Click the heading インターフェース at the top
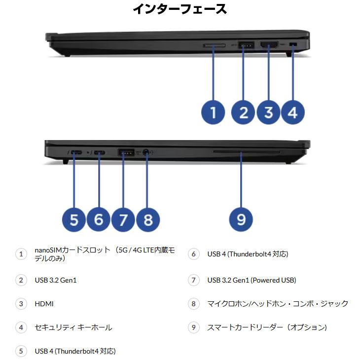click(x=180, y=9)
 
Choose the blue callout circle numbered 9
click(x=241, y=218)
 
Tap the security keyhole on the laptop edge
click(x=294, y=45)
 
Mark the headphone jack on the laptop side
click(x=146, y=152)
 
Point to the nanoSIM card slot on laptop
click(x=214, y=46)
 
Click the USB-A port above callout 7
click(x=125, y=152)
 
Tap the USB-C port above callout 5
click(x=76, y=152)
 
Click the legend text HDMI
click(x=44, y=304)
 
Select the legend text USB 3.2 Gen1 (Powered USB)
click(x=252, y=280)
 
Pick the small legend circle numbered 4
click(x=21, y=327)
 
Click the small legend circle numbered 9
click(x=194, y=327)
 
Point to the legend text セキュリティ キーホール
click(x=73, y=327)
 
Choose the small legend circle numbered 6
click(x=194, y=254)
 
